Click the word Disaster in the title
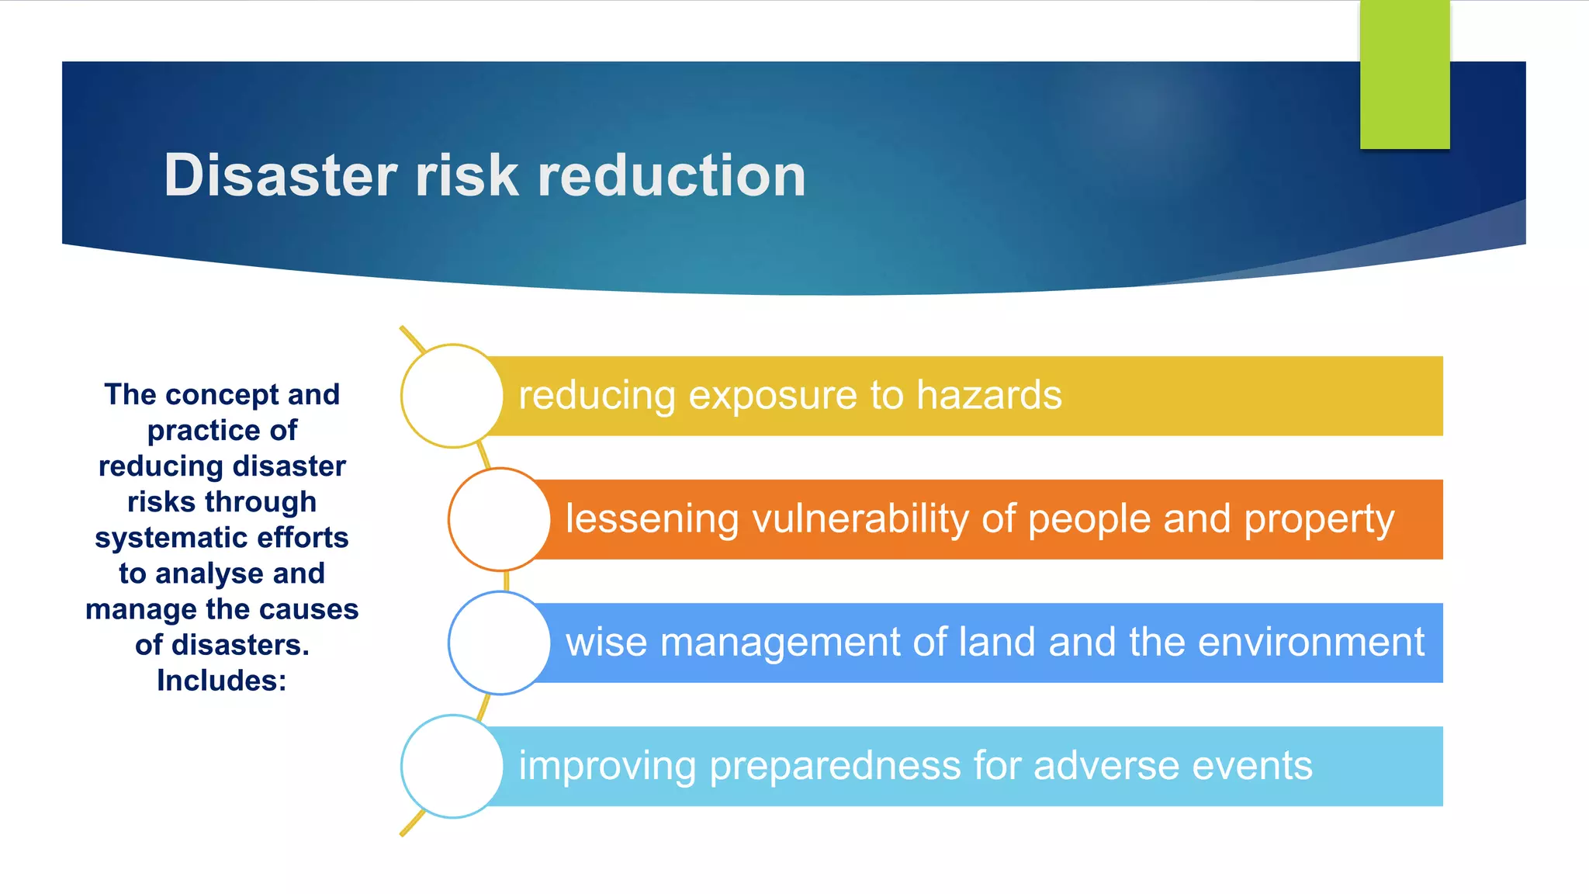(281, 175)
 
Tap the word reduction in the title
(672, 175)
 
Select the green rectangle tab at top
(1404, 74)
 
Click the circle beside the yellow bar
(452, 396)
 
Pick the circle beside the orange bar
(500, 519)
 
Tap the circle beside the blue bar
(500, 643)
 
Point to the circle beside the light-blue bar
(452, 766)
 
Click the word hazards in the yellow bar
(988, 395)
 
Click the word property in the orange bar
(1319, 520)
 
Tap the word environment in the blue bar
(1310, 643)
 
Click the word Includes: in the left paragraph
(222, 681)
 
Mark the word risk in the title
(466, 175)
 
